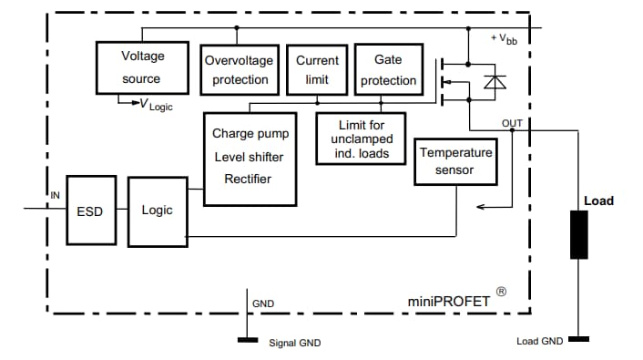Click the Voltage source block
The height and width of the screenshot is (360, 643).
point(143,67)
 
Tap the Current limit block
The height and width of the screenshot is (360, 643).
point(317,69)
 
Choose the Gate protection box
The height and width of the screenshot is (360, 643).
point(387,69)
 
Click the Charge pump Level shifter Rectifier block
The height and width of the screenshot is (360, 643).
point(248,156)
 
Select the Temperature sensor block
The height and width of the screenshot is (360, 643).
point(455,160)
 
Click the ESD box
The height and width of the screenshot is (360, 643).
point(89,211)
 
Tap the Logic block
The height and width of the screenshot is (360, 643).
point(157,211)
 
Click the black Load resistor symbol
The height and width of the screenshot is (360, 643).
point(578,234)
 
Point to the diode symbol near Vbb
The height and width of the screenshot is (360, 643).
point(495,83)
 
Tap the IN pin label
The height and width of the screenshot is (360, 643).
point(54,196)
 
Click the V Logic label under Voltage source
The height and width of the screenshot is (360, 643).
point(154,107)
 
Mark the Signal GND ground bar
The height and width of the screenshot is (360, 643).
point(247,340)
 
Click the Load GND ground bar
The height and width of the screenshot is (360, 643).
point(578,339)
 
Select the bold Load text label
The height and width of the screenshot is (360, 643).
point(598,201)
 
